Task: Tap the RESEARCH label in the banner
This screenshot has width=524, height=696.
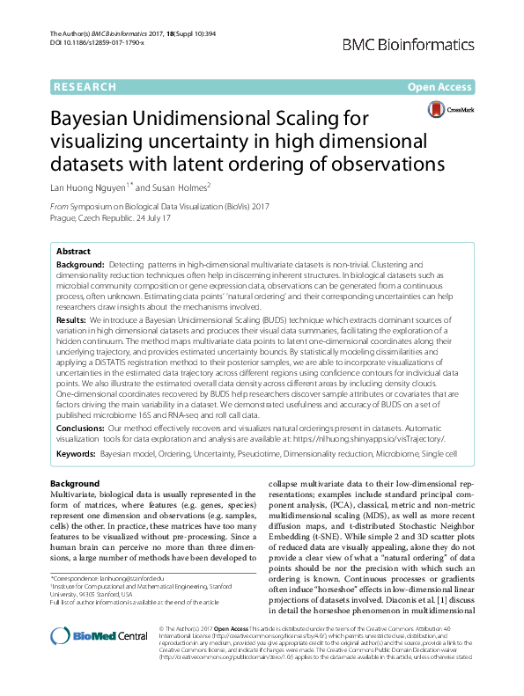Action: [85, 87]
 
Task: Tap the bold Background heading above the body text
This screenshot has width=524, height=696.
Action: [75, 484]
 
